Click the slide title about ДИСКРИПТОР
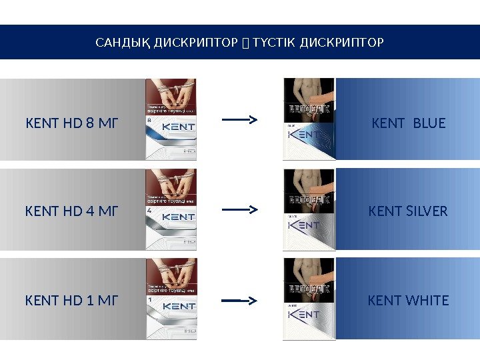pos(240,43)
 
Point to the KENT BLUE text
pos(408,123)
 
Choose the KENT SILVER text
pos(408,212)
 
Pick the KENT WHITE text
pos(408,301)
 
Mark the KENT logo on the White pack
pos(303,315)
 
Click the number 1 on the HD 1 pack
pos(151,300)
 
